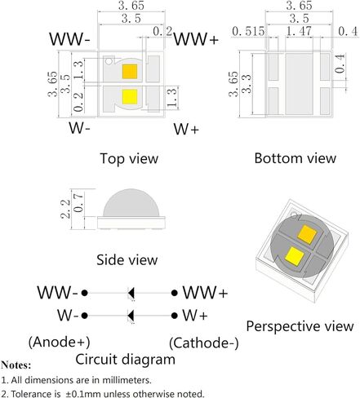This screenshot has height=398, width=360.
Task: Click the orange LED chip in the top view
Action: click(130, 72)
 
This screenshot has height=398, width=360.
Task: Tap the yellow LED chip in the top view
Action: click(130, 97)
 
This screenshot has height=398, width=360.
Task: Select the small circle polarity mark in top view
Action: click(109, 61)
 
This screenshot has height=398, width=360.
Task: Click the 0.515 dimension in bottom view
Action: click(248, 31)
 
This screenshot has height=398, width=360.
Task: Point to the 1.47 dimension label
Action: click(299, 31)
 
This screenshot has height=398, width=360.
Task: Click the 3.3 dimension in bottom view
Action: click(247, 84)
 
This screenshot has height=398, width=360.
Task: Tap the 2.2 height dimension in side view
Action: click(65, 209)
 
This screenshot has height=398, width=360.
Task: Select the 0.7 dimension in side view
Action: click(78, 203)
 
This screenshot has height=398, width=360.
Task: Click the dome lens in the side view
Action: click(131, 203)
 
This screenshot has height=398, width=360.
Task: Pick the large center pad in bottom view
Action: click(299, 84)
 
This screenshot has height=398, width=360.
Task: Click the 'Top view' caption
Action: click(129, 158)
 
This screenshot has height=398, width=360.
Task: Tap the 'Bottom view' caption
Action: click(296, 158)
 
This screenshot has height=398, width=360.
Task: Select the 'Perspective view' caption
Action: click(300, 326)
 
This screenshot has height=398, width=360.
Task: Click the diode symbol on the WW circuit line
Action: click(131, 293)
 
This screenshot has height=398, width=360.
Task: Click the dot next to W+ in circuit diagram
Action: click(175, 316)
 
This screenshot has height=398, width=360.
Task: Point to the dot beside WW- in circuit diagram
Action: click(85, 293)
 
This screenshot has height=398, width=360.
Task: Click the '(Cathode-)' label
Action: click(204, 343)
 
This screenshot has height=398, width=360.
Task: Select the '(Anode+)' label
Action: click(60, 342)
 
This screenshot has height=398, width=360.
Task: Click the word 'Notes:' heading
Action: click(16, 365)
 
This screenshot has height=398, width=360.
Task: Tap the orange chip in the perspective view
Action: click(307, 234)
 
